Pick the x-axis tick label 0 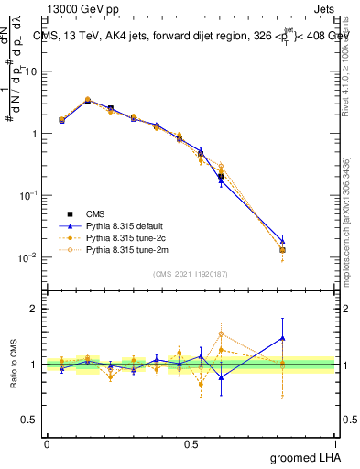pyautogui.click(x=47, y=443)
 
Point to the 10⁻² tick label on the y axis pyautogui.click(x=27, y=257)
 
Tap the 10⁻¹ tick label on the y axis pyautogui.click(x=27, y=195)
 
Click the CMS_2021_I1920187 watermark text pyautogui.click(x=191, y=273)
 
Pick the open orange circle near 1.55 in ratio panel pyautogui.click(x=221, y=333)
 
